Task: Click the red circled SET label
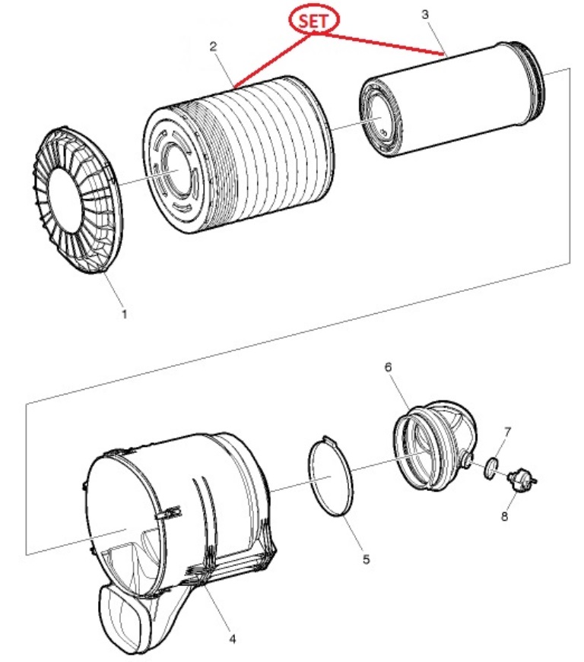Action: [313, 21]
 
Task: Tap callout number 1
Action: [124, 314]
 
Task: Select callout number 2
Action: [213, 46]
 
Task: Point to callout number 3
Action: [425, 14]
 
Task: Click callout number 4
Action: [232, 638]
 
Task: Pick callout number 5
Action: [366, 559]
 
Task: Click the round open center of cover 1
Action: [65, 199]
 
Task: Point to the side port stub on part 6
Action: [466, 459]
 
